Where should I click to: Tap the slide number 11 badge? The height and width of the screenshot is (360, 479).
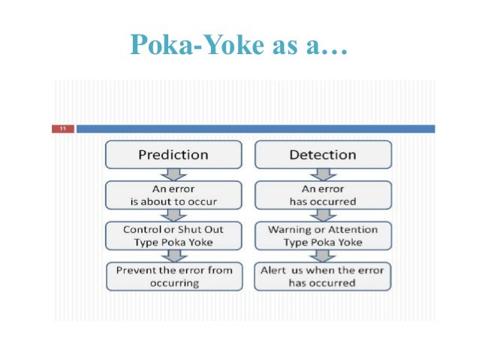[62, 129]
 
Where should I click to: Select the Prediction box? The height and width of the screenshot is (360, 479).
[173, 155]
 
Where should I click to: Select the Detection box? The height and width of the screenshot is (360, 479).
[322, 155]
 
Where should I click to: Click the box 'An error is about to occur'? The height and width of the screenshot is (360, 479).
[173, 195]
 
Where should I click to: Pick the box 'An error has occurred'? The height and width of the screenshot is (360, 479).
[322, 195]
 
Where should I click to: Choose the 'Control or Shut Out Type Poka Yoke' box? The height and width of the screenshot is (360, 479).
[173, 235]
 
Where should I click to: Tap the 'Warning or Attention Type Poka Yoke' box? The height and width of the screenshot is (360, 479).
[322, 235]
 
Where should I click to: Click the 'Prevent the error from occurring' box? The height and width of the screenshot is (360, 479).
[173, 276]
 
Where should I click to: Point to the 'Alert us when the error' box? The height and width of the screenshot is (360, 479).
[322, 276]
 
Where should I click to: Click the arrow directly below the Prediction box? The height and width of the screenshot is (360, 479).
[173, 174]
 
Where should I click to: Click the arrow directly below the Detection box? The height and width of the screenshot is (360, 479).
[322, 174]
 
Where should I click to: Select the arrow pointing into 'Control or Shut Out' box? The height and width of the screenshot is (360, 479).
[173, 216]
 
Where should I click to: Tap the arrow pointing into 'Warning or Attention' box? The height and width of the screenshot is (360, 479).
[322, 216]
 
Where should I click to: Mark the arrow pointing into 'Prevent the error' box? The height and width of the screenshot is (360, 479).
[173, 256]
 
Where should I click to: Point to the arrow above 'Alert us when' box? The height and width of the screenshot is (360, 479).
[322, 256]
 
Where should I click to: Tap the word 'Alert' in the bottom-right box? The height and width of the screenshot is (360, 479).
[274, 270]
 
